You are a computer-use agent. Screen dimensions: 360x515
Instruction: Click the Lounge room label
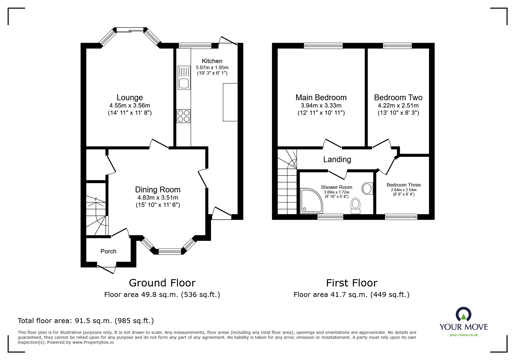[x=130, y=98]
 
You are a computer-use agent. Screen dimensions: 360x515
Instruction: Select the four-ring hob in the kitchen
[x=183, y=116]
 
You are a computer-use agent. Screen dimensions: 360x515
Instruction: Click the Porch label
[x=108, y=251]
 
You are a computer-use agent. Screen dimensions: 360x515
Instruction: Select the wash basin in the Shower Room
[x=367, y=189]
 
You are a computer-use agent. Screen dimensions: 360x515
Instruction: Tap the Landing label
[x=337, y=159]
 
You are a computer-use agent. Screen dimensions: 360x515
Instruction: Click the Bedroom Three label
[x=403, y=185]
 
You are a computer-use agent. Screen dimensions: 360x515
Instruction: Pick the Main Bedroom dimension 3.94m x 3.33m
[x=321, y=105]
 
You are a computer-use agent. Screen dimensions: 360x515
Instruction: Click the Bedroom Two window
[x=397, y=46]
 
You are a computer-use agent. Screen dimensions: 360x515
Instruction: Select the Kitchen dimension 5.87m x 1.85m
[x=212, y=67]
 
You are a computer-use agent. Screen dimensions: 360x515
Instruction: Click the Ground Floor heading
[x=162, y=283]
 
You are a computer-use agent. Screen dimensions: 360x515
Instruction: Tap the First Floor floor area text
[x=351, y=295]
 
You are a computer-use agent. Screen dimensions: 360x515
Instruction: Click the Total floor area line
[x=86, y=321]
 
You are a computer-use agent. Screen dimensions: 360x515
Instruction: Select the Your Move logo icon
[x=464, y=314]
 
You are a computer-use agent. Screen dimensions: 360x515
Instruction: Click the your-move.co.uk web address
[x=464, y=335]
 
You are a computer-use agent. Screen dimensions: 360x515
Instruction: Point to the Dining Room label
[x=158, y=190]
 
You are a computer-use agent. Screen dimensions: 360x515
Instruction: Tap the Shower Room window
[x=330, y=216]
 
